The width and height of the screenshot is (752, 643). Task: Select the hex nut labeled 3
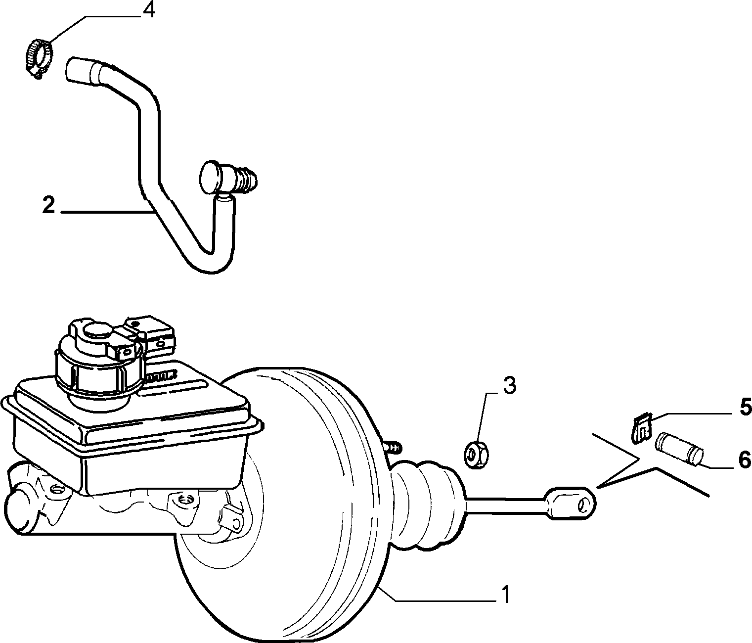477,454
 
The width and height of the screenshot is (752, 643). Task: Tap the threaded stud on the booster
392,446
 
